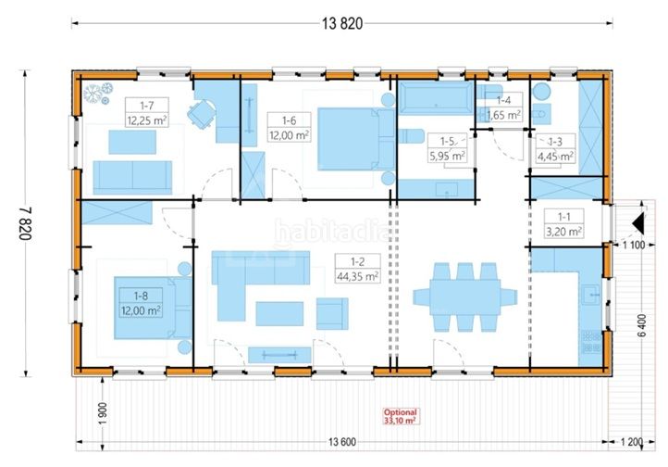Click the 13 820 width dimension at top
coord(342,23)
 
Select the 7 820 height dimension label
coord(25,223)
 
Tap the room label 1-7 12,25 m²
coord(147,112)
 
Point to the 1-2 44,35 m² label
coord(357,269)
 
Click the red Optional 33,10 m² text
coord(400,416)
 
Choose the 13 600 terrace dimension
coord(342,442)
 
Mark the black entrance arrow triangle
coord(638,223)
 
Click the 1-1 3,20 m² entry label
coord(564,223)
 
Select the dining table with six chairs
coord(464,297)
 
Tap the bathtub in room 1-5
coord(437,98)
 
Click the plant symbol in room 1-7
coord(98,94)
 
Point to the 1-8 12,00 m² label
coord(141,303)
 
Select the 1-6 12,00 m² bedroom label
coord(289,127)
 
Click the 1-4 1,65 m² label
coord(503,107)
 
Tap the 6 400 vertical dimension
coord(642,325)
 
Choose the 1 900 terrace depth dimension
coord(103,414)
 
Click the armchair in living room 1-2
coord(332,313)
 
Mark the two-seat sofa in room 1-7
coord(132,177)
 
